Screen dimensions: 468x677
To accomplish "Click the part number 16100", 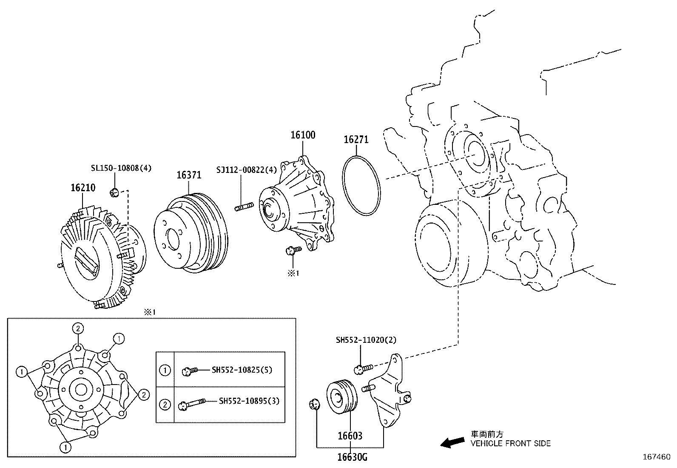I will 303,135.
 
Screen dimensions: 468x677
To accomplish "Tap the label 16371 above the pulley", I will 189,175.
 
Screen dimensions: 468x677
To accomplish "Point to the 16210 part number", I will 83,188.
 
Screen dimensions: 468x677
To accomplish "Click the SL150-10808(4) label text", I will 121,168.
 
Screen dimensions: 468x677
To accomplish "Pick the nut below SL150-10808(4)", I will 114,193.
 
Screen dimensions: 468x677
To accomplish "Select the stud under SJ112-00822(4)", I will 243,208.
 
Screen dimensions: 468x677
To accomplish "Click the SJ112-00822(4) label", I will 246,169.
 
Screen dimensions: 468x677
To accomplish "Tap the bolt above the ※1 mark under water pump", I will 293,250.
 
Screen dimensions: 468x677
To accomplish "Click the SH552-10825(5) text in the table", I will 242,370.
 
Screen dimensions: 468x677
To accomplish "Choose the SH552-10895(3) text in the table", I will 249,401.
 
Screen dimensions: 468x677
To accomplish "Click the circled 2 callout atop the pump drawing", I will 77,328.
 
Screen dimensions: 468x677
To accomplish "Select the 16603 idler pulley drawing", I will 341,396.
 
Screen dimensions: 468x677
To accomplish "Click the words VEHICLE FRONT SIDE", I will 510,444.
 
